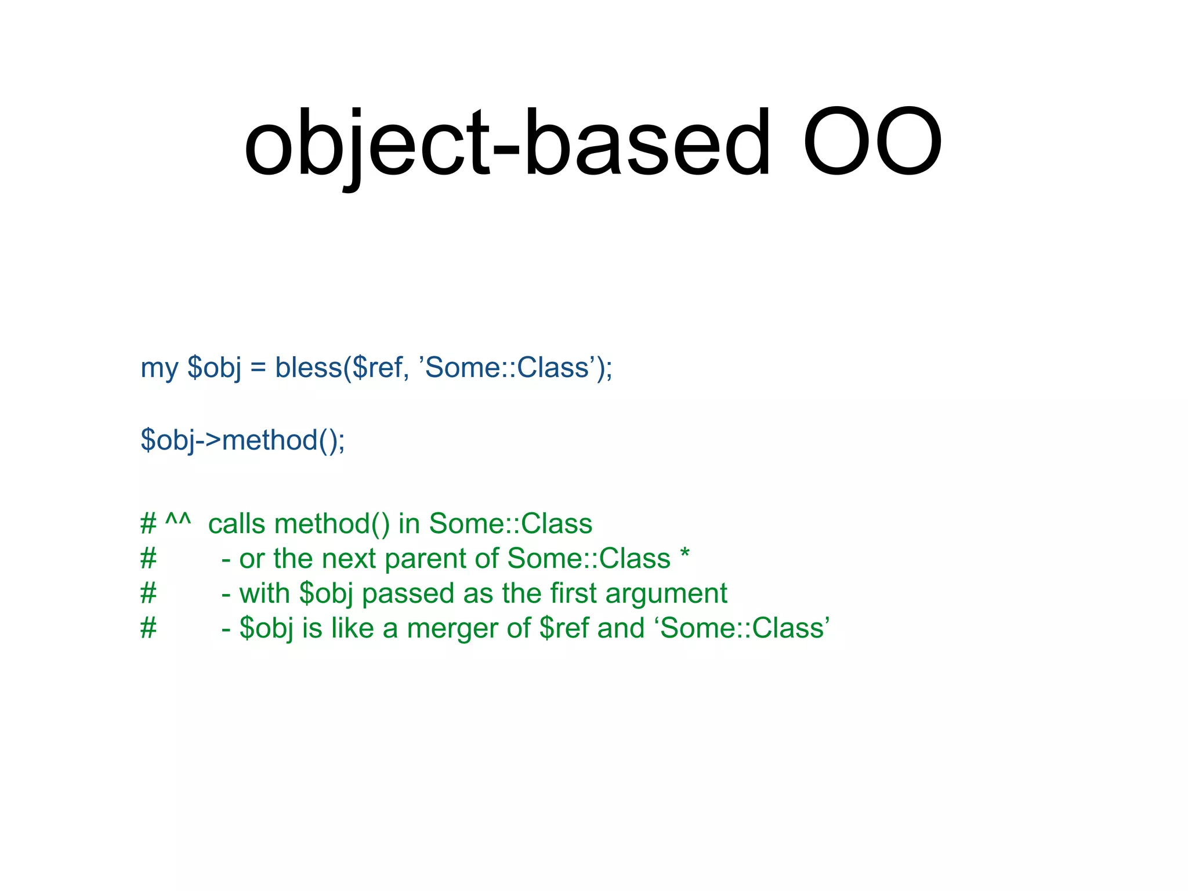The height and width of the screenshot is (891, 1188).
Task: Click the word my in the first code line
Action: coord(159,368)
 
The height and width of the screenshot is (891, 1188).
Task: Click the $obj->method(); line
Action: coord(242,440)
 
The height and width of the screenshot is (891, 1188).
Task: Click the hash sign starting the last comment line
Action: coord(148,628)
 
